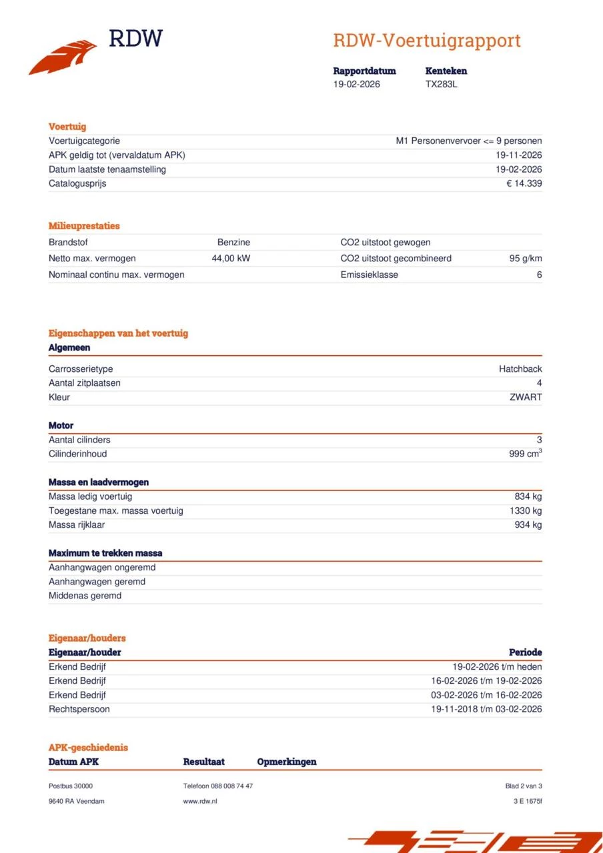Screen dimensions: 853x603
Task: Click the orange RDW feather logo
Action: click(x=63, y=57)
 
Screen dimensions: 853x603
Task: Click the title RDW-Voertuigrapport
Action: click(x=426, y=41)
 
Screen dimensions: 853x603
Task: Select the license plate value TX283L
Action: click(x=442, y=84)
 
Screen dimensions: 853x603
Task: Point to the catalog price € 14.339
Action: click(x=524, y=183)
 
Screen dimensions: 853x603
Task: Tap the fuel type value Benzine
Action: click(x=233, y=243)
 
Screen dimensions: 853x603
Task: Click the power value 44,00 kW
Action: click(x=231, y=259)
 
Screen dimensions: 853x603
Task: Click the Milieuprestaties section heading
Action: click(x=84, y=226)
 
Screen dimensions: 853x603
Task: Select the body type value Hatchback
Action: click(x=520, y=369)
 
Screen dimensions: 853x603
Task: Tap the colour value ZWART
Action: click(x=526, y=397)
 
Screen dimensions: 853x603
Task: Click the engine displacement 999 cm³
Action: click(x=525, y=454)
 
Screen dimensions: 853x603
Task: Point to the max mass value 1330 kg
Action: click(x=526, y=510)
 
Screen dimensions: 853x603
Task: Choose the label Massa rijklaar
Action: click(x=77, y=524)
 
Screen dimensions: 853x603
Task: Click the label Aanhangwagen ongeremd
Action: click(x=102, y=568)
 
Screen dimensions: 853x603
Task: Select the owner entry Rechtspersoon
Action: click(x=79, y=709)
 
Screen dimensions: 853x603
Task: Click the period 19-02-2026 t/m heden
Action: click(x=497, y=666)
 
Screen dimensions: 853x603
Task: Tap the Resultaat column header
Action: click(x=203, y=762)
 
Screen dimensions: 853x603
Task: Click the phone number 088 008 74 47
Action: click(x=231, y=786)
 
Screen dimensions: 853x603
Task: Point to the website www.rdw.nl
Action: click(x=200, y=801)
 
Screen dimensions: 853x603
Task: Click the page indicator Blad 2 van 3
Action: click(x=524, y=786)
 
